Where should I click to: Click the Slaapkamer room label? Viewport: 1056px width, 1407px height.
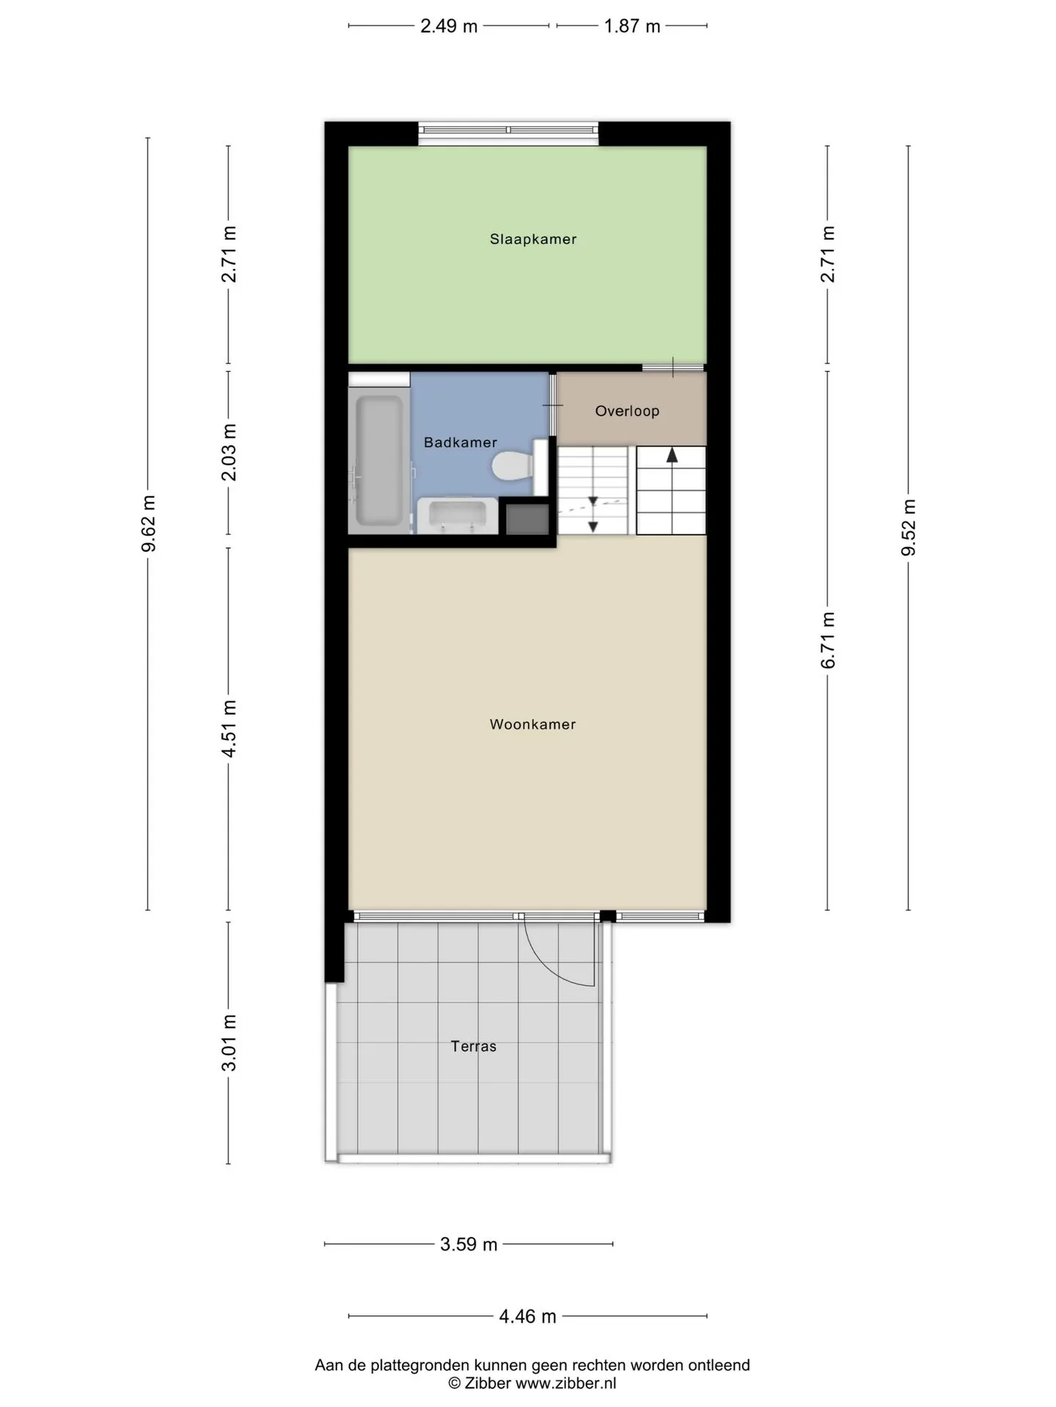[x=533, y=239]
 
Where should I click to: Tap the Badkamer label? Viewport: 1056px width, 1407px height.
[x=461, y=443]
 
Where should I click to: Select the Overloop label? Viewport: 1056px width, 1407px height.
[x=627, y=411]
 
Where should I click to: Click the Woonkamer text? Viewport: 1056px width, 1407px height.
[x=533, y=724]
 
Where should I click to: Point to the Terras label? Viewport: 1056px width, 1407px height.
[x=474, y=1046]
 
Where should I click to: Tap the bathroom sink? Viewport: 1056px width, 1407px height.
[x=458, y=515]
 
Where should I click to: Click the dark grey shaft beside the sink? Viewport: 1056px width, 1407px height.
[x=527, y=518]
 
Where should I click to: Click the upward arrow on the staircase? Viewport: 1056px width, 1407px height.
[x=672, y=456]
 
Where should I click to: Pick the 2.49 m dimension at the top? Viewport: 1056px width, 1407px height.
[x=449, y=26]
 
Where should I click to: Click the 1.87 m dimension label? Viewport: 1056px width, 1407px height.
[x=632, y=26]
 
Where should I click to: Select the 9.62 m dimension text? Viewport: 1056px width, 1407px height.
[x=149, y=523]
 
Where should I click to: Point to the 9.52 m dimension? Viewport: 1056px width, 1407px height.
[x=909, y=528]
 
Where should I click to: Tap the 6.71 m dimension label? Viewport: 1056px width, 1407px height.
[x=828, y=640]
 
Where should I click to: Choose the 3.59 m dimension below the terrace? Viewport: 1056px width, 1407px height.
[x=469, y=1244]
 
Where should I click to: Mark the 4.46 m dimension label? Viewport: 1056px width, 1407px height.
[x=528, y=1317]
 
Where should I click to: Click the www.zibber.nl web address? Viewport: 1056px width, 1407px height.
[x=565, y=1384]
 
